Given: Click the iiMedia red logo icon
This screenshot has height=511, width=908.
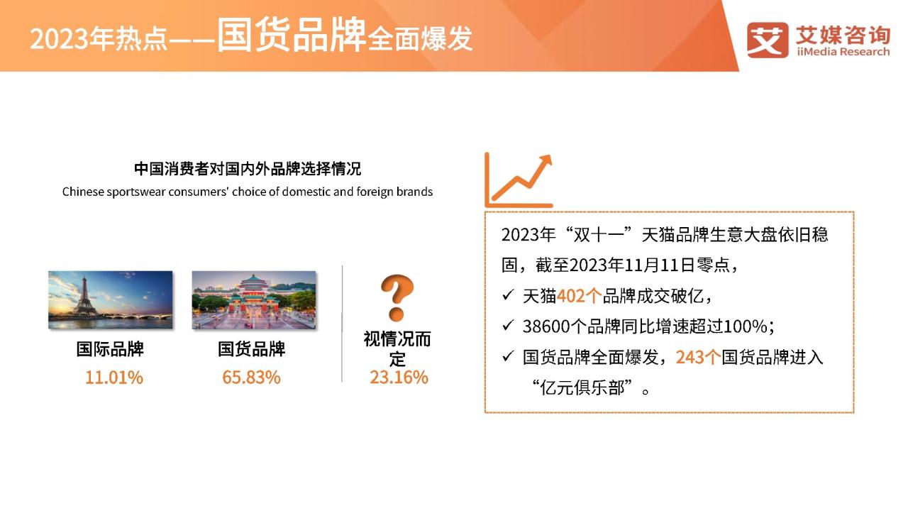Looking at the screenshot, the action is [768, 40].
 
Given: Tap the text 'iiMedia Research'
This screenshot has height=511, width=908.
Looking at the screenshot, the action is [843, 52].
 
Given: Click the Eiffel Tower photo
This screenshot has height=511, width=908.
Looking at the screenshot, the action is [110, 300].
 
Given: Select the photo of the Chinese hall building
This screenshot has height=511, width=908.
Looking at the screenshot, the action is [254, 300].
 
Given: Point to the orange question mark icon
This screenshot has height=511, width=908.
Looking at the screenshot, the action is [397, 297].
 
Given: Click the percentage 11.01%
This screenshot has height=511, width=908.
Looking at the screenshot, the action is [114, 378].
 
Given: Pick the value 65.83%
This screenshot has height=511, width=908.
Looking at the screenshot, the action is [251, 378].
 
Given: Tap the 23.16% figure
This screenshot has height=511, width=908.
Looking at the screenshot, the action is [399, 378].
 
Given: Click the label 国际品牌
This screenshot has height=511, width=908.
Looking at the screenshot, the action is [110, 349].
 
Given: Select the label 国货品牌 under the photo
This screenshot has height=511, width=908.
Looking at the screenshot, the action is [251, 349].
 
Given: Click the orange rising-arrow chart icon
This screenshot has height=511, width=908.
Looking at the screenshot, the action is [519, 180].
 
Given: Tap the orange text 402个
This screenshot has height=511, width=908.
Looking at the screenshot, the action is [579, 296].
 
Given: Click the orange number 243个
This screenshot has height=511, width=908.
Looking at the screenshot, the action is [698, 357].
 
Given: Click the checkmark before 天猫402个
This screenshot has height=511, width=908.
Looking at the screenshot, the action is [508, 295].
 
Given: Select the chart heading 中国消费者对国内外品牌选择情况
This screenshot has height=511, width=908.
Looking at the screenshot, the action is [248, 169].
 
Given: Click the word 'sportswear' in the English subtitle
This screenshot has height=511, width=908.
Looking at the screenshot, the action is [137, 192].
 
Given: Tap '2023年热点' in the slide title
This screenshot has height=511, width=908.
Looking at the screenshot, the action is [99, 39].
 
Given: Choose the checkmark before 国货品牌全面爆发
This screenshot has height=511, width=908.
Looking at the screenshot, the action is [508, 356].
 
